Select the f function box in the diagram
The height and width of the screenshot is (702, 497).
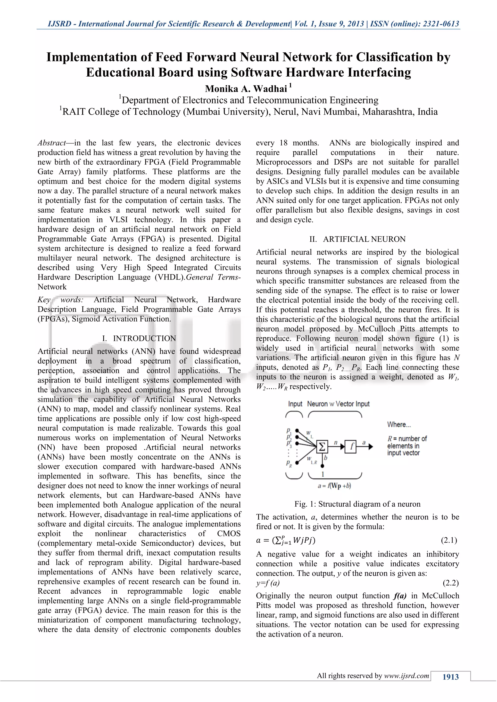tap(350, 447)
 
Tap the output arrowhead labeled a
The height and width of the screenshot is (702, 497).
tap(371, 447)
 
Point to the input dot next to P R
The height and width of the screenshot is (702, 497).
tap(297, 463)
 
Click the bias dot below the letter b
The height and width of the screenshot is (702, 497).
tap(322, 466)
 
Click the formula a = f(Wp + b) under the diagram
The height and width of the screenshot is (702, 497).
tap(334, 486)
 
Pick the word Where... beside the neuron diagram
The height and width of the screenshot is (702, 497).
tap(399, 424)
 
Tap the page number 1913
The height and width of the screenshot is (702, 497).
tap(450, 677)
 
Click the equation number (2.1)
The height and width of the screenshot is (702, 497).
tap(449, 540)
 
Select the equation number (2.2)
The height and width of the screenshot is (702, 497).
tap(450, 583)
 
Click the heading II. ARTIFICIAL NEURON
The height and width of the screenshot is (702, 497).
tap(357, 239)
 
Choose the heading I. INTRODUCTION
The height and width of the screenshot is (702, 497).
tap(139, 338)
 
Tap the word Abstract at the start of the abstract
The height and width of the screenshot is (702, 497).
tap(52, 143)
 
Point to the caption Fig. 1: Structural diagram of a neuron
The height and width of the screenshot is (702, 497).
tap(357, 504)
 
